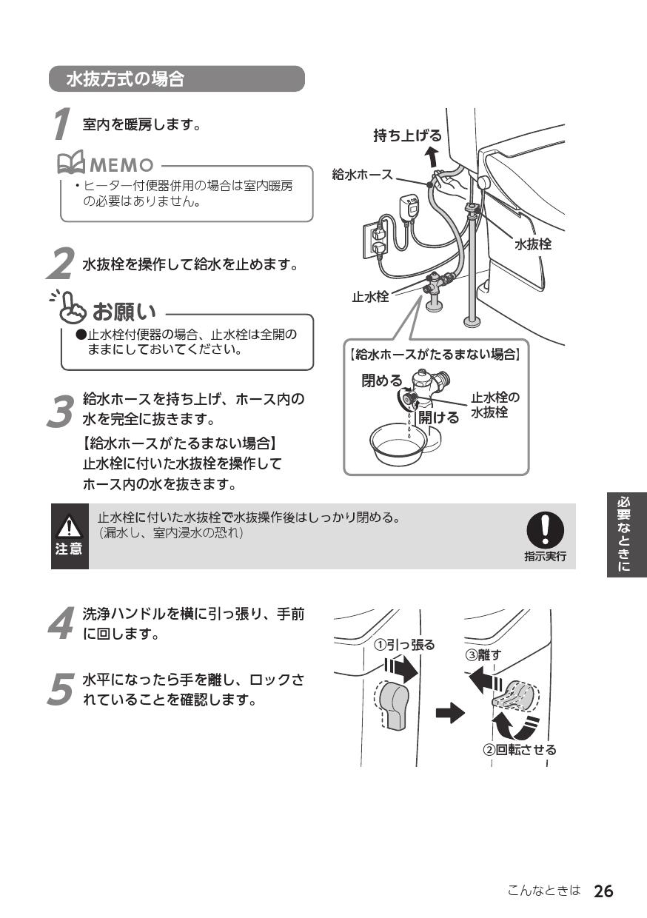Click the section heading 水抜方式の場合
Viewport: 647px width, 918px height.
[x=125, y=79]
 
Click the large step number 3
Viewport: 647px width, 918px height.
[x=61, y=409]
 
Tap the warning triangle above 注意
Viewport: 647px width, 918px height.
[x=69, y=526]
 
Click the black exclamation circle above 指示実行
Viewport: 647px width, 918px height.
[x=545, y=530]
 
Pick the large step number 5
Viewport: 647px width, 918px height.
[x=61, y=689]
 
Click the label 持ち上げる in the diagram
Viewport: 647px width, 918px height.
[x=407, y=135]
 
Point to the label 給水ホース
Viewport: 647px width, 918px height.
[x=362, y=175]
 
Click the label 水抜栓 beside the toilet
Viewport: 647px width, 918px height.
[x=532, y=244]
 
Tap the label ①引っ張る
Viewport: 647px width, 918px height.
[x=404, y=644]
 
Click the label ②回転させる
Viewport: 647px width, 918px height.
[x=520, y=749]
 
